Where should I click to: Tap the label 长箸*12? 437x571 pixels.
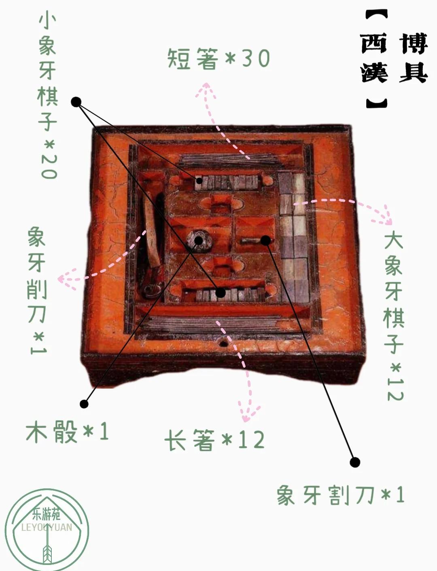click(215, 440)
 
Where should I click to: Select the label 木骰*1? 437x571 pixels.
click(67, 432)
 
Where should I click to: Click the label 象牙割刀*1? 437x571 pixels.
click(340, 495)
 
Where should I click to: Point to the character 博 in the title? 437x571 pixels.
click(414, 44)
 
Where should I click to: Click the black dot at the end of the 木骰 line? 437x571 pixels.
click(84, 404)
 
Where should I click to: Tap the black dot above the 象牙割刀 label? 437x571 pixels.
click(355, 462)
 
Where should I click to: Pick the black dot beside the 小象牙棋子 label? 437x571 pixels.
click(76, 102)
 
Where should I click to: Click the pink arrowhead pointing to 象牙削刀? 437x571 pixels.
click(66, 279)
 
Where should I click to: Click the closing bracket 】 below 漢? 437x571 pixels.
click(377, 103)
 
